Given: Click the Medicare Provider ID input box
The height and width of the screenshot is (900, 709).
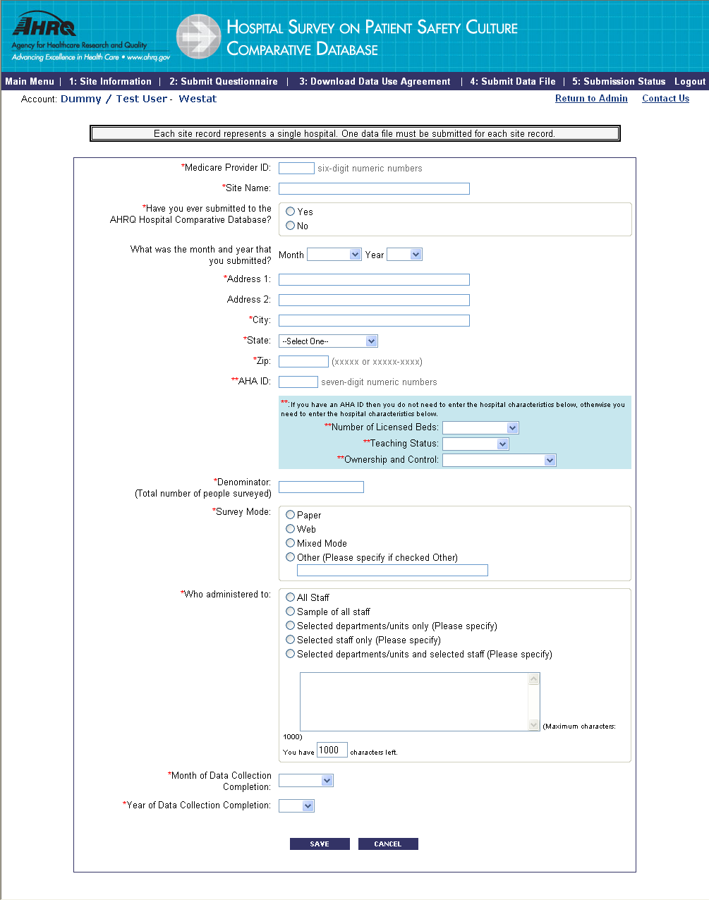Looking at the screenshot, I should click(296, 168).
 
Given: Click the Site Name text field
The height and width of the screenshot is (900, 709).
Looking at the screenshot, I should click(374, 188).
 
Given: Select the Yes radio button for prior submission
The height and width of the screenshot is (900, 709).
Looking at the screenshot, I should click(291, 212).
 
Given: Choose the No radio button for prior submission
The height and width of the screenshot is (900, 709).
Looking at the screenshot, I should click(291, 226).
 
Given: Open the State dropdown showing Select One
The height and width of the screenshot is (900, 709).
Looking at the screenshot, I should click(328, 341).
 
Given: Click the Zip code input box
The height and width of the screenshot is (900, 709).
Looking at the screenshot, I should click(303, 362).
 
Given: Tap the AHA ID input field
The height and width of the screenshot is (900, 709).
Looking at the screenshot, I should click(298, 382).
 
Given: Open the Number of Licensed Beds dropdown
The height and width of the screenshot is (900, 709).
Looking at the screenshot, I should click(480, 428).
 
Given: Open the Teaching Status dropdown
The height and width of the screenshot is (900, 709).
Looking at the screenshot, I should click(475, 444).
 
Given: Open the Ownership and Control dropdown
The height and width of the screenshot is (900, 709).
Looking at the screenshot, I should click(499, 461).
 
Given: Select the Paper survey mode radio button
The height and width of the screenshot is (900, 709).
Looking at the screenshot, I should click(291, 515).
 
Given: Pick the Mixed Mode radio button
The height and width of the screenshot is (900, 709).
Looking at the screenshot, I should click(291, 543).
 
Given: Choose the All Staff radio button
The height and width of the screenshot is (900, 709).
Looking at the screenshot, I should click(291, 597).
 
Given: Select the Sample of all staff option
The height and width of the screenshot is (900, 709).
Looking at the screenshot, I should click(291, 612).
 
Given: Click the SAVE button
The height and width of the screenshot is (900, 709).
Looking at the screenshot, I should click(320, 844).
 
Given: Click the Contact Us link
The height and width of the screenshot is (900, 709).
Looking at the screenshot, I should click(665, 99).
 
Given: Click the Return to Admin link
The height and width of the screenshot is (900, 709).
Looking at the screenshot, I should click(591, 99).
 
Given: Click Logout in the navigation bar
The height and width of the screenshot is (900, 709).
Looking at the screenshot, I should click(689, 82).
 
